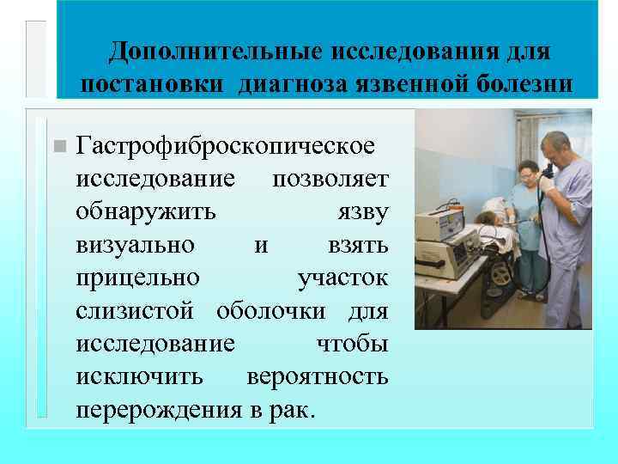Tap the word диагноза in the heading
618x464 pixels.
tap(298, 85)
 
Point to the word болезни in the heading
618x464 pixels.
tap(524, 85)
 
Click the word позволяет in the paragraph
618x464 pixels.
tap(330, 178)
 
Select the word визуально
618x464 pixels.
tap(135, 245)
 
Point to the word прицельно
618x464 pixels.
tap(137, 278)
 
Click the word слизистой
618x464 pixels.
tap(139, 310)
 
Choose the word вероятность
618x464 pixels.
tap(317, 376)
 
